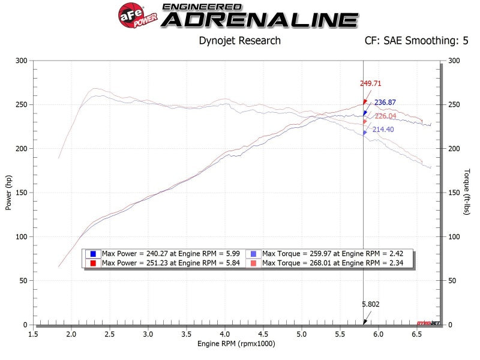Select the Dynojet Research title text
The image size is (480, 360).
pyautogui.click(x=239, y=41)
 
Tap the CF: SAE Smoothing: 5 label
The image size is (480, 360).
pyautogui.click(x=416, y=41)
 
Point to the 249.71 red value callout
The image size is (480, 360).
pyautogui.click(x=371, y=84)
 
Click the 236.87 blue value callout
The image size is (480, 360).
pyautogui.click(x=385, y=103)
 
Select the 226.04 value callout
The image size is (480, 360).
pyautogui.click(x=385, y=116)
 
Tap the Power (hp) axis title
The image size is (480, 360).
pyautogui.click(x=8, y=192)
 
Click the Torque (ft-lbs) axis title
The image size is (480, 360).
pyautogui.click(x=466, y=192)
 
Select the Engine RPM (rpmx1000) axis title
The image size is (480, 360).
pyautogui.click(x=236, y=344)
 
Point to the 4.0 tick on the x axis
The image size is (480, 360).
pyautogui.click(x=224, y=333)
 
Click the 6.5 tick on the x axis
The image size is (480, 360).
pyautogui.click(x=416, y=333)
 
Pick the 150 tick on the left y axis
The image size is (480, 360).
pyautogui.click(x=22, y=193)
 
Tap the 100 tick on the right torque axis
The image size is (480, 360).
pyautogui.click(x=454, y=237)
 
